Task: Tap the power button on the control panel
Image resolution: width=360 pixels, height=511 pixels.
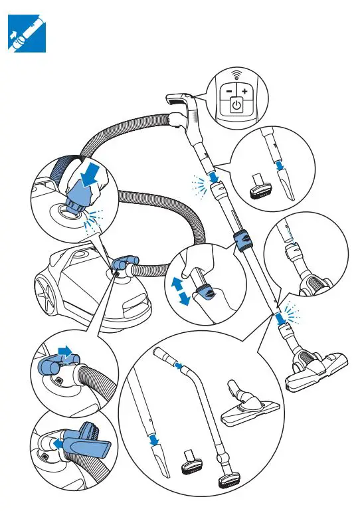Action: point(237,105)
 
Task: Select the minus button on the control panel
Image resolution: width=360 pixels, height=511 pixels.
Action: point(228,90)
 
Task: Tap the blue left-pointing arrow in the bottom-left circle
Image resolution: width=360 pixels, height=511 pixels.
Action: point(60,441)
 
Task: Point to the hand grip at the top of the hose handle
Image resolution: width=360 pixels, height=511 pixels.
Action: point(181,100)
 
